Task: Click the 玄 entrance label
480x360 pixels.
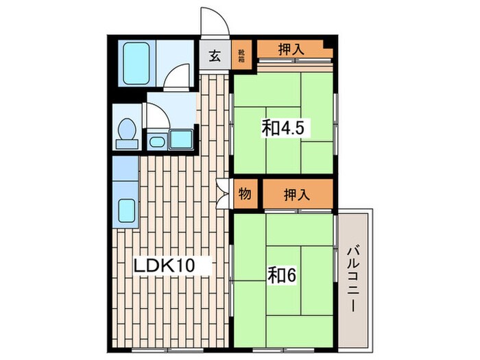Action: [215, 56]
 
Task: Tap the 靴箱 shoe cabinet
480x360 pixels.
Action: [241, 56]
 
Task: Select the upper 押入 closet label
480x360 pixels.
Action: [292, 49]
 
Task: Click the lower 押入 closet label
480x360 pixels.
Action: [296, 194]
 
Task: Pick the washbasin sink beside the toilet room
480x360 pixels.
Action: [157, 142]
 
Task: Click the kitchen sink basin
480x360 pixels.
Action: [125, 210]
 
